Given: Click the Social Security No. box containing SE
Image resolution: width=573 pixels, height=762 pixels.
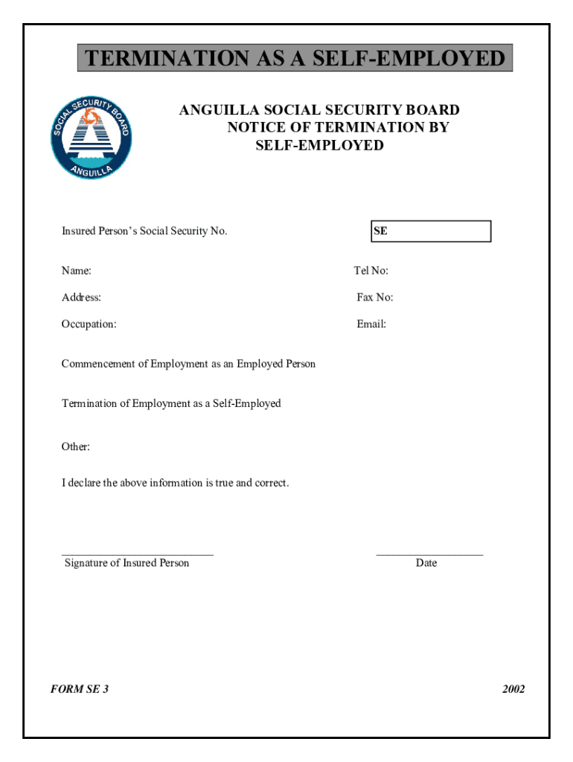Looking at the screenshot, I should coord(431,231).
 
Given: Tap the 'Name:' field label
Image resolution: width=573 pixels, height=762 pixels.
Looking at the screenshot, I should coord(77,271).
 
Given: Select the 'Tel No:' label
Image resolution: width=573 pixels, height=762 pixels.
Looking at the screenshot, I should coord(371,271).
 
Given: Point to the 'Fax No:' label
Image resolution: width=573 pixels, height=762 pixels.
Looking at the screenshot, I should coord(375,298).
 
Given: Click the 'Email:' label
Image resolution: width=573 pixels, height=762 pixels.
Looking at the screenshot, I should coord(371,324).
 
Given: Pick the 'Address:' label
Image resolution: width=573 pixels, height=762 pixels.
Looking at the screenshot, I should coord(81,298).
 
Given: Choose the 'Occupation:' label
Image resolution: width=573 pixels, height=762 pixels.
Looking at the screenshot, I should coord(89,324).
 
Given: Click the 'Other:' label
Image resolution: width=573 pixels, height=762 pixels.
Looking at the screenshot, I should coord(75,447).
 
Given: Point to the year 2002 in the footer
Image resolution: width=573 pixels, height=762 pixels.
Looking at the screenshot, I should coord(513,689).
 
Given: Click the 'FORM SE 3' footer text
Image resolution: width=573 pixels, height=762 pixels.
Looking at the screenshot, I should coord(80,689).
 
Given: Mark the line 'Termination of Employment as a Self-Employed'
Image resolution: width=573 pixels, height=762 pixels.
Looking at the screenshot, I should coord(171,403).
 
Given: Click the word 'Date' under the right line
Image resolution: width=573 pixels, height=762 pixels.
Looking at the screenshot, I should coord(426,563).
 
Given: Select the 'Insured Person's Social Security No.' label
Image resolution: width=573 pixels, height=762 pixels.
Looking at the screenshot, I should coord(144,231).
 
